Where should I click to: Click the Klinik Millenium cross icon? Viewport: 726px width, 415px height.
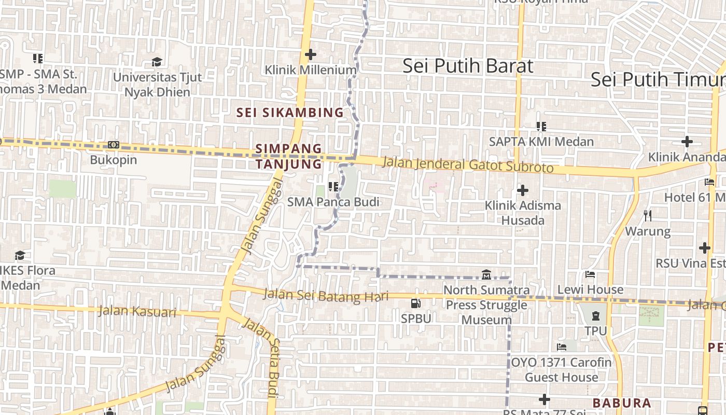tap(310, 54)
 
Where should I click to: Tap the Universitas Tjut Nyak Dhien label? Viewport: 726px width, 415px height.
tap(157, 85)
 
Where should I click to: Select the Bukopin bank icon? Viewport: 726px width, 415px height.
tap(114, 145)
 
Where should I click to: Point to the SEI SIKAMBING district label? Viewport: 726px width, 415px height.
tap(290, 112)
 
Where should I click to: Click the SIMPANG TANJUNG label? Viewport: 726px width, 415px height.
tap(289, 157)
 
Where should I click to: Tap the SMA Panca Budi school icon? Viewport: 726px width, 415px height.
tap(333, 186)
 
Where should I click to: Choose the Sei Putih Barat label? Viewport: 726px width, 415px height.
tap(468, 66)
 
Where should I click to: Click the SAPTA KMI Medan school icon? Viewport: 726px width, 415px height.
tap(541, 126)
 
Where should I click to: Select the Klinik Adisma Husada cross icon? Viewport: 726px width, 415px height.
tap(523, 190)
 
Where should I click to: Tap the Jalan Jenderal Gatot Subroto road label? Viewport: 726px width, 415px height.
tap(468, 165)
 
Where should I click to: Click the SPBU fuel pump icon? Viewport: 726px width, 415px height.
tap(416, 303)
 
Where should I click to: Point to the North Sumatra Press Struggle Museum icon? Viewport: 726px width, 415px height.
tap(486, 274)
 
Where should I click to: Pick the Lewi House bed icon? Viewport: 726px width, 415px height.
tap(590, 274)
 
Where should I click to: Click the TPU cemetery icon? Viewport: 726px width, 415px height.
tap(595, 315)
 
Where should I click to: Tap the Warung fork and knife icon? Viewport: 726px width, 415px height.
tap(648, 215)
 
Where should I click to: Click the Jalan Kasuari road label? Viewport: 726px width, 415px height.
tap(137, 312)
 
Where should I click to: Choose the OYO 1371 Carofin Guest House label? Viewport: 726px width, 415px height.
tap(562, 369)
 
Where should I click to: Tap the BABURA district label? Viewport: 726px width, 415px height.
tap(622, 403)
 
